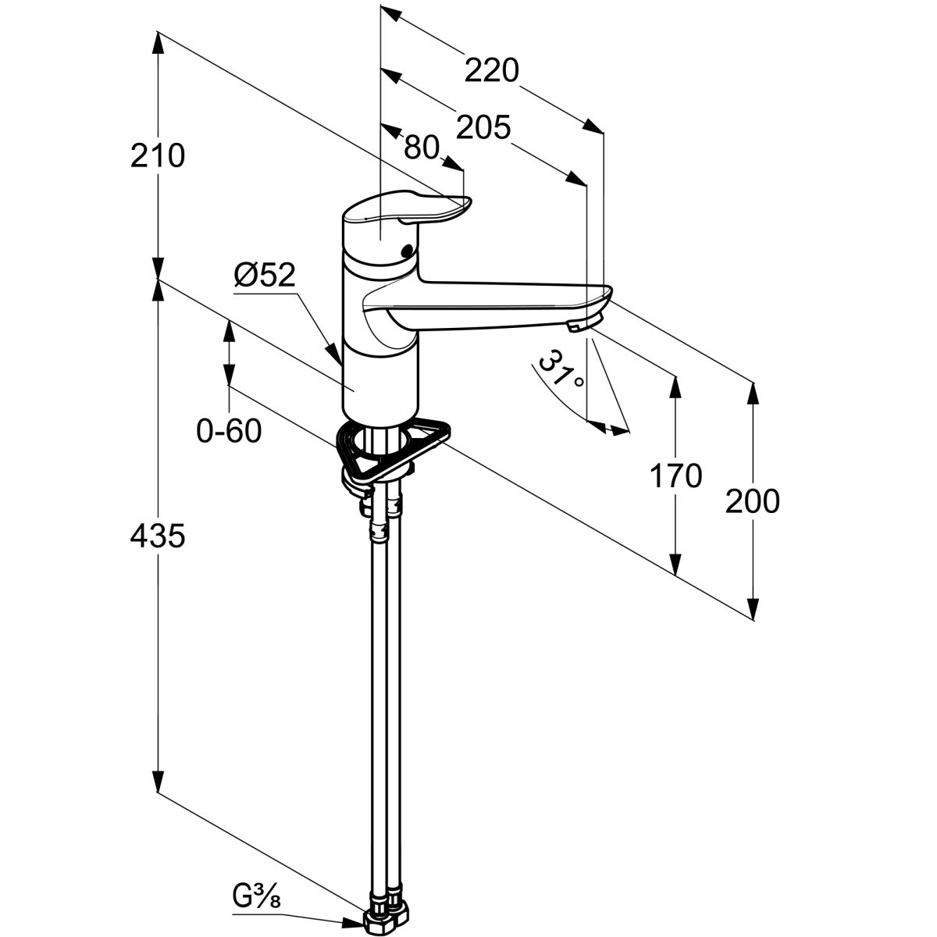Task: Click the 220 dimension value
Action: point(491,71)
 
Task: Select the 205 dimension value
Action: point(483,126)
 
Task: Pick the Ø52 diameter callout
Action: point(265,275)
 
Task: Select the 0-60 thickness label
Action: point(229,430)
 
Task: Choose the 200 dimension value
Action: point(753,501)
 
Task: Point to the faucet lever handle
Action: point(410,212)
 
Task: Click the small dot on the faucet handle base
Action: point(405,251)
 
